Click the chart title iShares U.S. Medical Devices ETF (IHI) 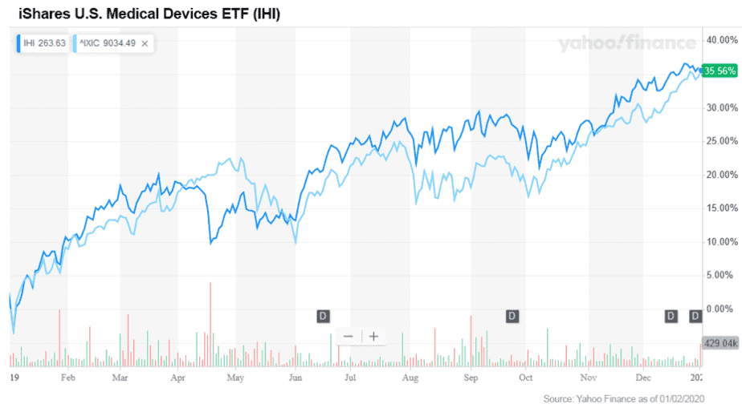tap(149, 14)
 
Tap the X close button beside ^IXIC tap(145, 43)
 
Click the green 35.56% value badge tap(719, 71)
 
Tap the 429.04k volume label tap(719, 342)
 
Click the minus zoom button tap(348, 336)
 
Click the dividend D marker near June tap(324, 316)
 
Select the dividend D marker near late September tap(512, 316)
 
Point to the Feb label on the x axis tap(68, 376)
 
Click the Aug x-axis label tap(410, 376)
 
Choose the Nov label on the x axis tap(589, 376)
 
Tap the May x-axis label tap(235, 376)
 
